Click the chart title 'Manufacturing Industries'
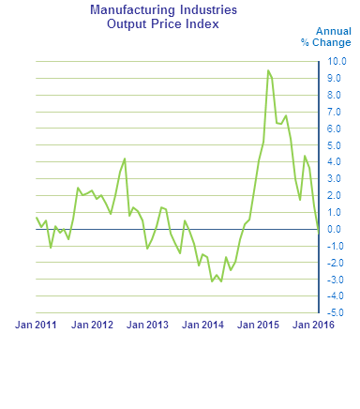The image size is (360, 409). tap(163, 10)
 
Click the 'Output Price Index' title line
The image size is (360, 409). tap(163, 23)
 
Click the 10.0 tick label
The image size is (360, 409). tap(336, 62)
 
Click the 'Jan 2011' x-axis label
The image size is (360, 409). tap(36, 326)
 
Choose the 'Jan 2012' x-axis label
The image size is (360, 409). tap(92, 326)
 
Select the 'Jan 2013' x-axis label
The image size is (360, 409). tap(148, 326)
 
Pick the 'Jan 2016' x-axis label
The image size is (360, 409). tap(315, 326)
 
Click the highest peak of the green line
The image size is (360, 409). tap(268, 70)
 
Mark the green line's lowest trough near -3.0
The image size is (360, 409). tap(214, 280)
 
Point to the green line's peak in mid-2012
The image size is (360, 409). tap(124, 159)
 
